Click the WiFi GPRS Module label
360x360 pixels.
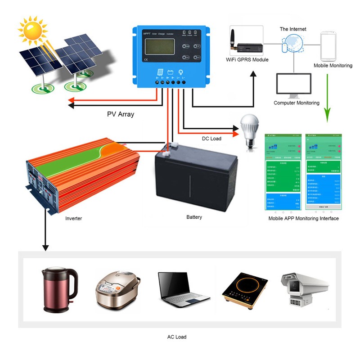pyautogui.click(x=247, y=59)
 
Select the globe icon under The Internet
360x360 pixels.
pyautogui.click(x=292, y=45)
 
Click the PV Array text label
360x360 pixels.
pyautogui.click(x=121, y=114)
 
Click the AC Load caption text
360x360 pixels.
pyautogui.click(x=176, y=337)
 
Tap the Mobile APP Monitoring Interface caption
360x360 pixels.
pyautogui.click(x=303, y=219)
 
